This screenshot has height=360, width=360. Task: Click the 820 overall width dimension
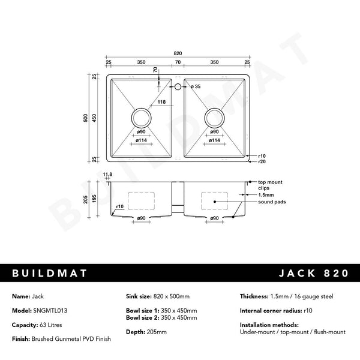coord(178,54)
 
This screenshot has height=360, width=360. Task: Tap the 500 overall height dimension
coord(86,118)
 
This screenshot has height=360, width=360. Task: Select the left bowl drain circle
coord(142,116)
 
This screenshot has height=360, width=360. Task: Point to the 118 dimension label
coord(161,102)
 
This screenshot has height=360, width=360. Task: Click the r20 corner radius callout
coord(262,162)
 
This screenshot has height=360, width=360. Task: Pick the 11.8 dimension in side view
coord(108,174)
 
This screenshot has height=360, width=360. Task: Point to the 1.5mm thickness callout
coord(266,195)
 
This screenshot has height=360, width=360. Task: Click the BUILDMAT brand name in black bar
coord(50,273)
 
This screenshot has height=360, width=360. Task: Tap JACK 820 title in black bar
coord(313,273)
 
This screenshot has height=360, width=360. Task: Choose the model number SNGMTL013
coord(54,310)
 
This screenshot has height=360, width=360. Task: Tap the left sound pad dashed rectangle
coord(142,200)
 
